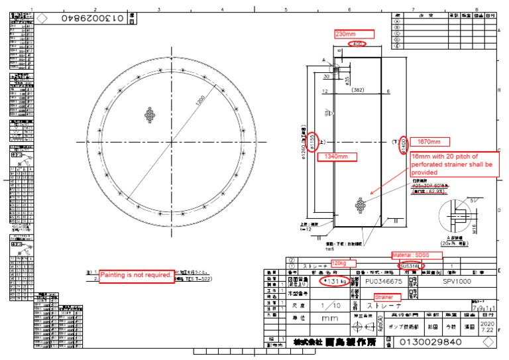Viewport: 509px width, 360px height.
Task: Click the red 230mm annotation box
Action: pyautogui.click(x=354, y=34)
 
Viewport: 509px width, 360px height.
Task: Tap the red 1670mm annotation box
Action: pyautogui.click(x=429, y=142)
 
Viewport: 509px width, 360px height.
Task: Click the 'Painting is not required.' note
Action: pyautogui.click(x=137, y=275)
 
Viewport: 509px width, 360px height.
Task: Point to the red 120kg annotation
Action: pyautogui.click(x=344, y=263)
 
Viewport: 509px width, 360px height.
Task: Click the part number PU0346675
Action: pyautogui.click(x=388, y=281)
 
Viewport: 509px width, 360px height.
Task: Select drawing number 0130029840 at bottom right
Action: pyautogui.click(x=431, y=343)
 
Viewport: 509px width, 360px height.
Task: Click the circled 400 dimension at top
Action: pyautogui.click(x=357, y=44)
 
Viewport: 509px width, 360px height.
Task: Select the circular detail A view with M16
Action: pyautogui.click(x=459, y=218)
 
